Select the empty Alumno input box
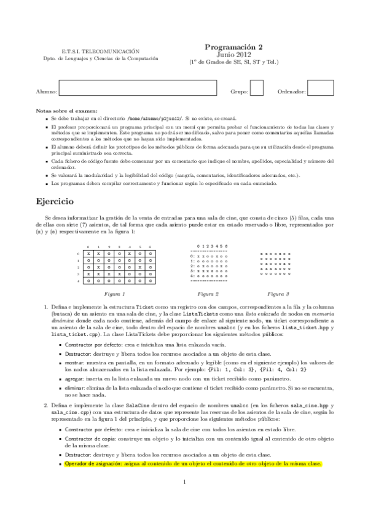138,89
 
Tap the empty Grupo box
257,89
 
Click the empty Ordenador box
320,89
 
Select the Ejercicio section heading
55,201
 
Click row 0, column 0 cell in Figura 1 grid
90,254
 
